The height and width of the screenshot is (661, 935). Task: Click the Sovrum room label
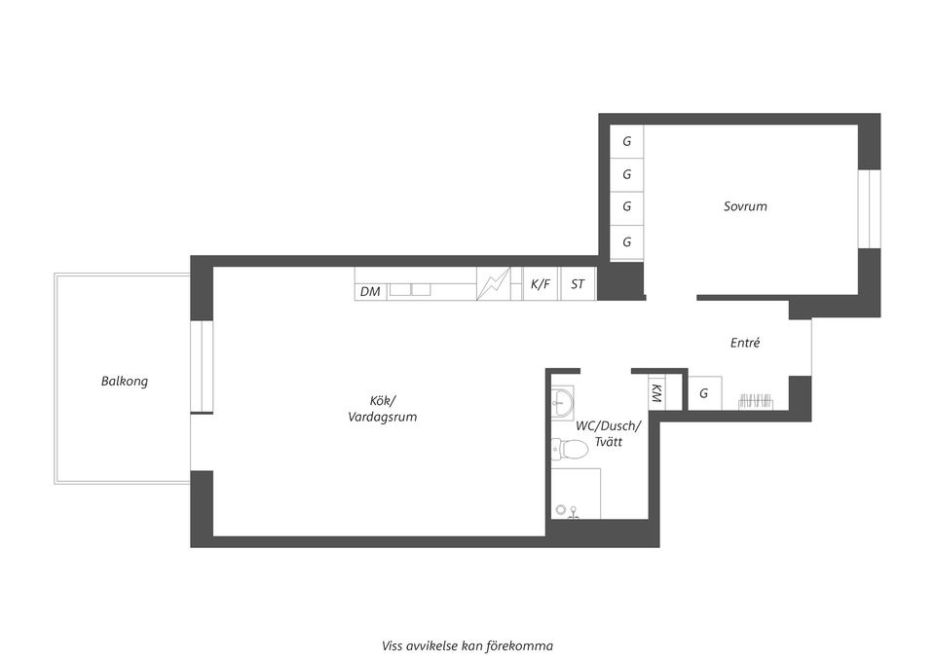(x=745, y=206)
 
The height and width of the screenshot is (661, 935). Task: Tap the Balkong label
(x=124, y=382)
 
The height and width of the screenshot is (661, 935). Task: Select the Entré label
(x=745, y=343)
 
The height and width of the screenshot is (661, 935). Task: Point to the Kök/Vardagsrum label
(x=382, y=408)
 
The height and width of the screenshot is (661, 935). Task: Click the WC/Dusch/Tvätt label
(x=608, y=434)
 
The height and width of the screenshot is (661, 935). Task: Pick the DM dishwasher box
(x=371, y=291)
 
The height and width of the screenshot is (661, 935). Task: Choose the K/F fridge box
(x=541, y=283)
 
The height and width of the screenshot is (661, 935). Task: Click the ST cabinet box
(x=578, y=283)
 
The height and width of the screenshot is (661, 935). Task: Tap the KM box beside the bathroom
(x=656, y=393)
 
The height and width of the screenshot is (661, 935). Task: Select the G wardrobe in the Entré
(x=704, y=393)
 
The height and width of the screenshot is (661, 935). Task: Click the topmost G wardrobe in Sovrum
(x=626, y=142)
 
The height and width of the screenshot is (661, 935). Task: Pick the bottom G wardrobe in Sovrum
(x=626, y=242)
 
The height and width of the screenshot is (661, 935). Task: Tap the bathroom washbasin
(x=562, y=402)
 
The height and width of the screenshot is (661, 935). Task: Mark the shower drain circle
(x=561, y=509)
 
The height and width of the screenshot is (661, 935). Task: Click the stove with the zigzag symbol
(x=494, y=283)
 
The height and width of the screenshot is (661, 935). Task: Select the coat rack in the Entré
(x=756, y=400)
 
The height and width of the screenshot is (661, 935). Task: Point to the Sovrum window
(x=869, y=208)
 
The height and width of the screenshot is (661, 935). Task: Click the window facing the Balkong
(x=202, y=367)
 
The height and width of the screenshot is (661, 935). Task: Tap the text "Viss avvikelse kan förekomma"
(x=467, y=646)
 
